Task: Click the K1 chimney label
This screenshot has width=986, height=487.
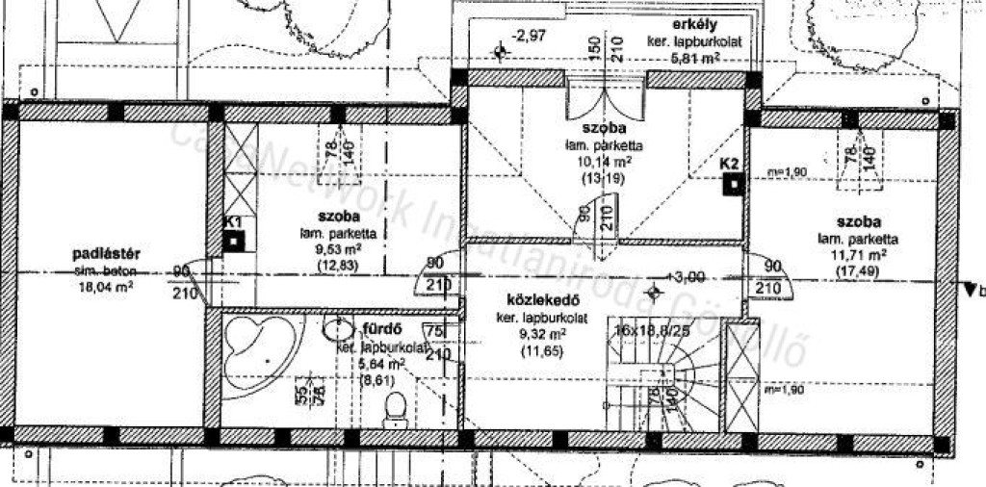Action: coord(232,222)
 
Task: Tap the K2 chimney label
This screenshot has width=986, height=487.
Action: coord(729,164)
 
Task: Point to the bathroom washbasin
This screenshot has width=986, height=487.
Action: coord(339,330)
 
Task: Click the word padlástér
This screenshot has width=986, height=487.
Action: coord(107,254)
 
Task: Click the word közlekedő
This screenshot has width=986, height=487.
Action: coord(530,300)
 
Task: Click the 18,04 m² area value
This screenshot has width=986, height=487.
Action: coord(107,286)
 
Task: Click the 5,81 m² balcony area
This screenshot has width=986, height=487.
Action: coord(695,58)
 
